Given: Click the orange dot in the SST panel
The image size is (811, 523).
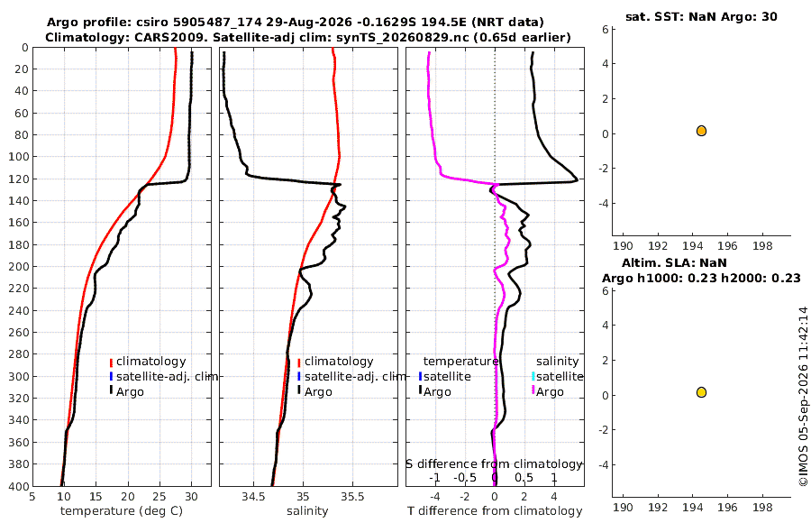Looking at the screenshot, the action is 701,131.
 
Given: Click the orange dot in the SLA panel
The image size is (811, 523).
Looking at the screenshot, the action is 701,392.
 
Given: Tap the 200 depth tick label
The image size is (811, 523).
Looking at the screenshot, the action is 18,266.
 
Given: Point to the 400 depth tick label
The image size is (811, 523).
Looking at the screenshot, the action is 18,486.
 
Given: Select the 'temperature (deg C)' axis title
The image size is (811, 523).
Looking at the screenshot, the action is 122,511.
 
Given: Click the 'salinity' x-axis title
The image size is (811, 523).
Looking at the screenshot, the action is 307,511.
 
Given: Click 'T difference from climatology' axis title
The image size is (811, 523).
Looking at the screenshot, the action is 495,511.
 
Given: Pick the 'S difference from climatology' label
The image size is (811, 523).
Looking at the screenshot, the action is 494,463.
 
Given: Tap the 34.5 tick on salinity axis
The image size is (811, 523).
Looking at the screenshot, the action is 254,497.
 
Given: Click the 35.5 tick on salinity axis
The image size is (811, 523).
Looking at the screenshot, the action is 352,497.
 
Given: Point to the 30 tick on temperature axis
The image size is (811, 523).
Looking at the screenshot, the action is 191,497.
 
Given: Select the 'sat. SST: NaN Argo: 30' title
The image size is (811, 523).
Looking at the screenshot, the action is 701,16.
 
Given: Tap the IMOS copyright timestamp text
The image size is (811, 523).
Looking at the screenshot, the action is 803,397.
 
